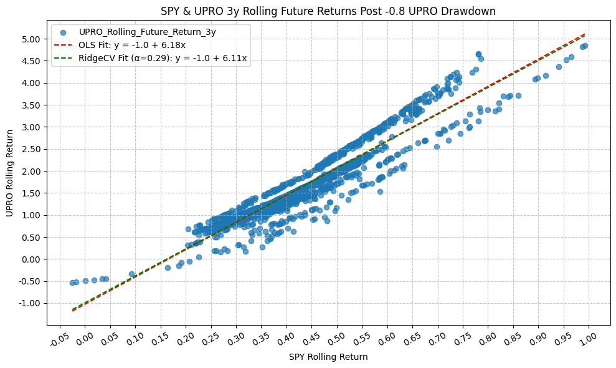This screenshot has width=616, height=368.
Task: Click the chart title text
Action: tap(328, 11)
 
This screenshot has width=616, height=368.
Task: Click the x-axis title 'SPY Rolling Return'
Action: tap(328, 357)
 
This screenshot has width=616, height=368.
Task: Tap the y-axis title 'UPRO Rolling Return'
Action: tap(11, 173)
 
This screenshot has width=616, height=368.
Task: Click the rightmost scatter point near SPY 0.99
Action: tap(585, 46)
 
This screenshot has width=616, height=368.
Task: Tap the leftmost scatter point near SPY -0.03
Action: tap(72, 283)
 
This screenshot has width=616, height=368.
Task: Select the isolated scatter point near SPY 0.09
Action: tap(131, 274)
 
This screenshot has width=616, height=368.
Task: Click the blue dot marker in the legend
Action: tap(63, 31)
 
